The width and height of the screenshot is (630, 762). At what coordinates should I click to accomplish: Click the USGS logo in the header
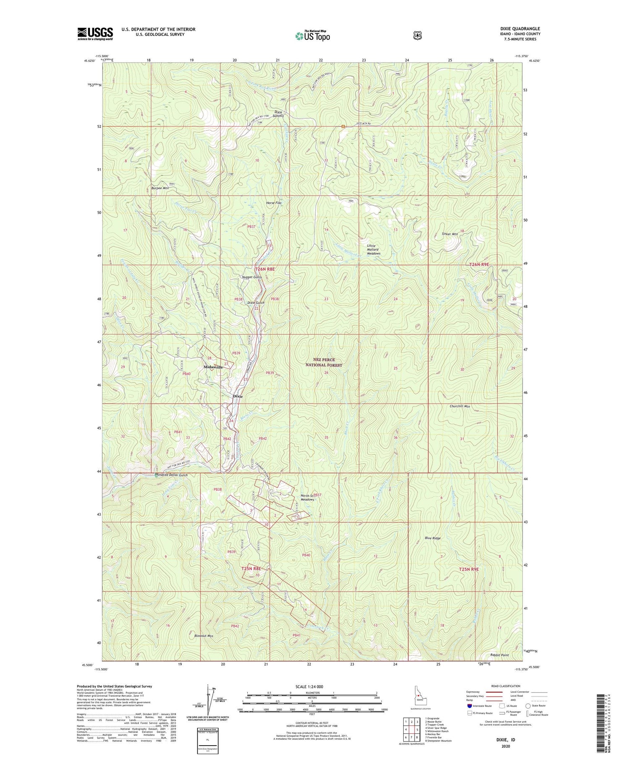(x=95, y=34)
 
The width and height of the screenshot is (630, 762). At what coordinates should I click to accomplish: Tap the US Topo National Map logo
(x=312, y=35)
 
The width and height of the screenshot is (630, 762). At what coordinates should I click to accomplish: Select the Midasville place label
(x=213, y=367)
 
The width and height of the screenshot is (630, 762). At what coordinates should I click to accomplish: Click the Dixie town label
(x=238, y=396)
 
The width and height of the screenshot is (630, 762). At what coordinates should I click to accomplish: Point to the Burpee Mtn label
(x=160, y=188)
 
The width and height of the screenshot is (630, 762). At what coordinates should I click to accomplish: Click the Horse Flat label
(x=273, y=203)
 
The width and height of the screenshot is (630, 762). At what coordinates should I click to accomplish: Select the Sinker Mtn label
(x=449, y=234)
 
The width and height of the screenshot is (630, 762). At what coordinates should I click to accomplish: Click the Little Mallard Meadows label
(x=373, y=250)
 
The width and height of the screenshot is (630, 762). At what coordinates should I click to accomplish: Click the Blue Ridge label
(x=433, y=538)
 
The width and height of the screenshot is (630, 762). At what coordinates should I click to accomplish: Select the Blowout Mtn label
(x=204, y=636)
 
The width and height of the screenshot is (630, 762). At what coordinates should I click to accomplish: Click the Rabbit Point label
(x=499, y=655)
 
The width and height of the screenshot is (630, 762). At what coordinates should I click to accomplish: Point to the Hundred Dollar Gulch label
(x=171, y=475)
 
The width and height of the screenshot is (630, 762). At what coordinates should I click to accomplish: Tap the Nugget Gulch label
(x=252, y=277)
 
